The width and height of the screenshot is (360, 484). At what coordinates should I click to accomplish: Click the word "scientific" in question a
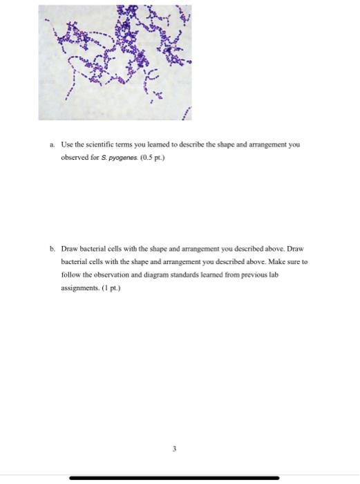click(x=104, y=145)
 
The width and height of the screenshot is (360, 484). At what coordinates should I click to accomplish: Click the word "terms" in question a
click(x=133, y=145)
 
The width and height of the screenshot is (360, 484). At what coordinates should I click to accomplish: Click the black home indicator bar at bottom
click(x=174, y=477)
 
